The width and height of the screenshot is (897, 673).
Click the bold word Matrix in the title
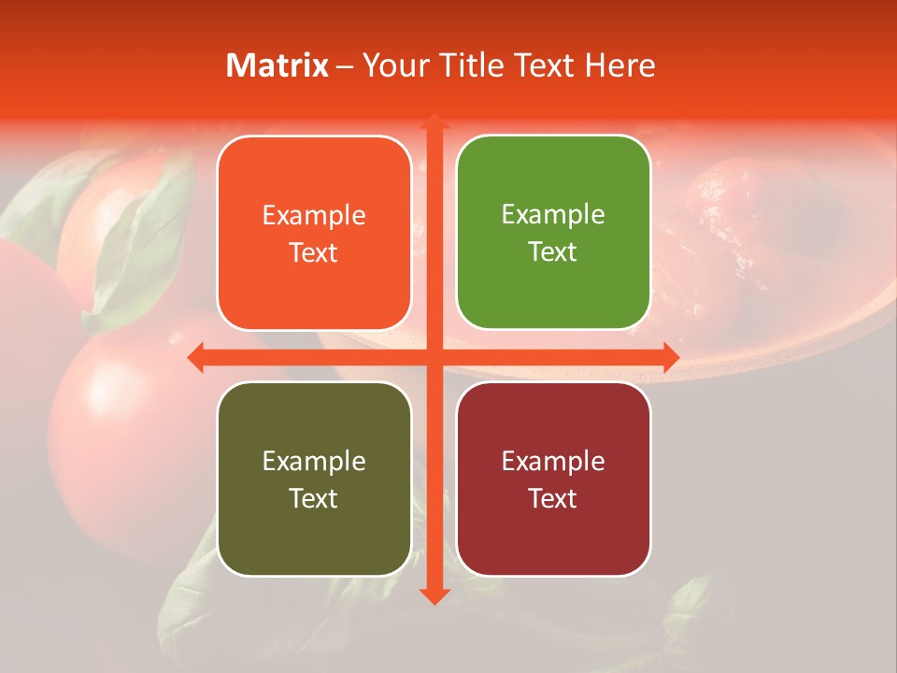tap(278, 65)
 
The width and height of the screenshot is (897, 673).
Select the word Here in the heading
tap(619, 65)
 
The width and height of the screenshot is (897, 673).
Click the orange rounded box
tap(314, 234)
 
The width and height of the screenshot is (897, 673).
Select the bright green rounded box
tap(553, 233)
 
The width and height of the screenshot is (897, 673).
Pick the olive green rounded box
tap(314, 479)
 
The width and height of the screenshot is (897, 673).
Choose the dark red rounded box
tap(553, 479)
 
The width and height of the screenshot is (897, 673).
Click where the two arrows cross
tap(434, 357)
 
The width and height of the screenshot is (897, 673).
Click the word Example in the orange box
tap(314, 216)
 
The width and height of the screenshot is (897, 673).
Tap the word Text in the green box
tap(553, 252)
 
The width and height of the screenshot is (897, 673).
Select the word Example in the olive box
tap(314, 461)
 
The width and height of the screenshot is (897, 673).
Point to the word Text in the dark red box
tap(553, 498)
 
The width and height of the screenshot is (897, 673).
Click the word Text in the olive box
tap(314, 498)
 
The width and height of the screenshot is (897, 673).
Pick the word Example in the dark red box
tap(553, 461)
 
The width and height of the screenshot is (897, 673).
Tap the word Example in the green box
tap(553, 215)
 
